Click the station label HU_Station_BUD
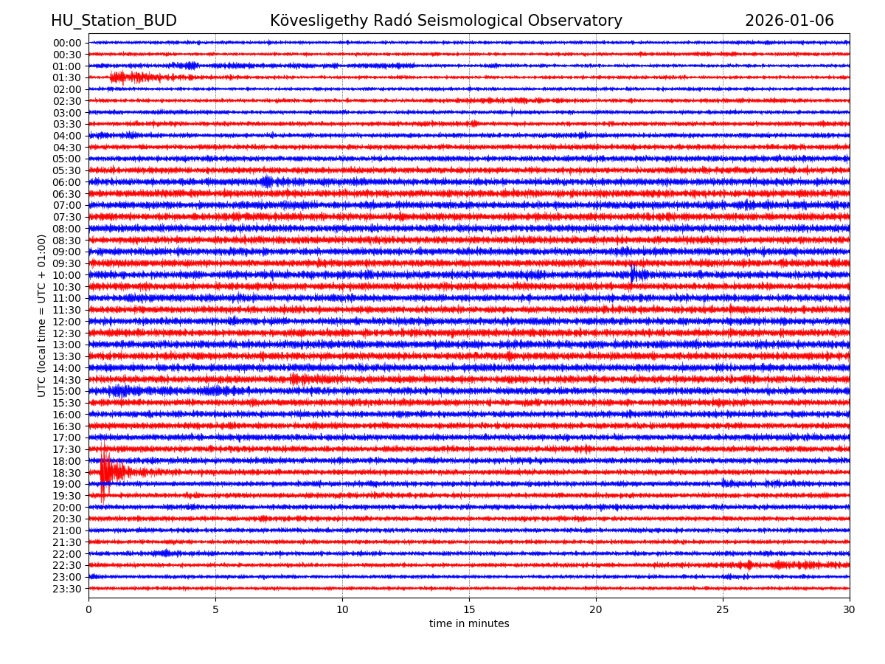click(114, 21)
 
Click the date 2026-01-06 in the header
click(789, 21)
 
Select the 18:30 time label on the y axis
click(66, 472)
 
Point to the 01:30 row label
click(66, 77)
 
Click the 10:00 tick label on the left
click(66, 275)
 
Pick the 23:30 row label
click(66, 589)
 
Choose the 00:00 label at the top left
click(66, 43)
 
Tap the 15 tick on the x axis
click(469, 610)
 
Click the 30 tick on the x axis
click(850, 610)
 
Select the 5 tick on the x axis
click(215, 610)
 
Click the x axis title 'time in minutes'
click(469, 624)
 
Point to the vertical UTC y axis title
click(42, 315)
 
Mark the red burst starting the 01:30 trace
click(125, 77)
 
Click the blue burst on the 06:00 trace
click(267, 181)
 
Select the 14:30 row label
click(66, 379)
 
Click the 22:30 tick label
click(66, 565)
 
